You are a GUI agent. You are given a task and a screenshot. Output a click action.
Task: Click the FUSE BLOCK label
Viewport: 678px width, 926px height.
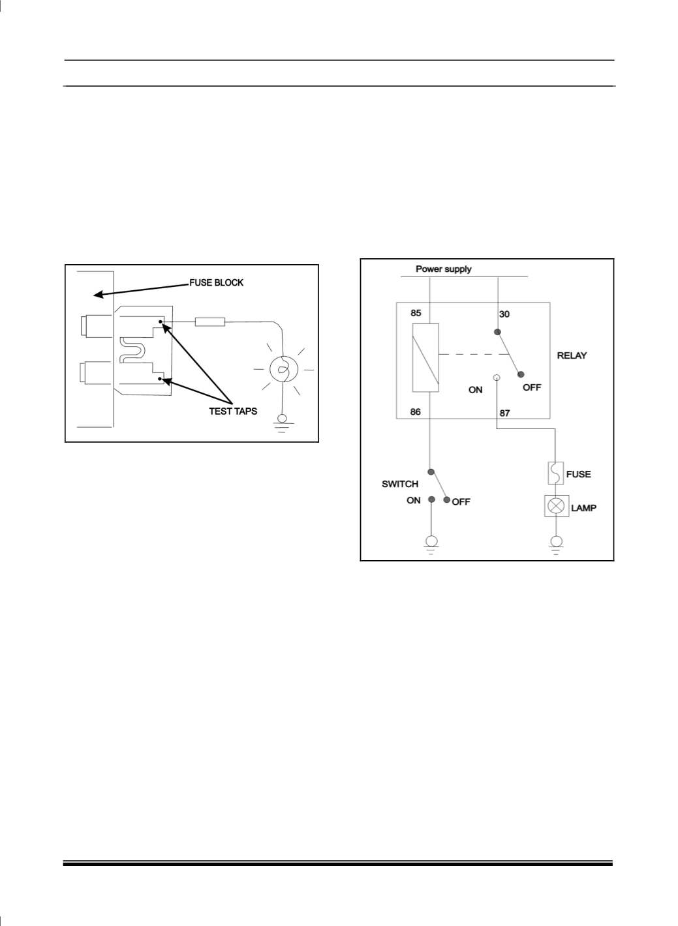coord(217,283)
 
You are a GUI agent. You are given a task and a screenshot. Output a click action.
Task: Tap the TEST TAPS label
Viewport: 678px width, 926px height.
coord(233,411)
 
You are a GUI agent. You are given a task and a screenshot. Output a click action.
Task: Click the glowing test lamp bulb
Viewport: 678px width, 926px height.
coord(283,370)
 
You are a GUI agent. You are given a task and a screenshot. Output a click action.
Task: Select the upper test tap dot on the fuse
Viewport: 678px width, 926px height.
coord(161,321)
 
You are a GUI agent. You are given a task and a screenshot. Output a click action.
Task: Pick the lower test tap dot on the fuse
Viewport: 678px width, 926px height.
coord(160,379)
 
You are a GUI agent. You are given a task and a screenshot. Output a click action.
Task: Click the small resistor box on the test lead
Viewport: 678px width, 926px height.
coord(209,321)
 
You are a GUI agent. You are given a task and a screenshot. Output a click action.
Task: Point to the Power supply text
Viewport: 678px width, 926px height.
coord(444,269)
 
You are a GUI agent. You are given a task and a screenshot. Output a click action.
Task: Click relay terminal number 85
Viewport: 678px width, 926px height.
coord(416,313)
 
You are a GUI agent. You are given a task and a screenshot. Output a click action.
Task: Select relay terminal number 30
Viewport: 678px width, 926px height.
coord(504,314)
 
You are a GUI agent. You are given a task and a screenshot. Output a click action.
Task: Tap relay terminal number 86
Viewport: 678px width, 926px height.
coord(415,411)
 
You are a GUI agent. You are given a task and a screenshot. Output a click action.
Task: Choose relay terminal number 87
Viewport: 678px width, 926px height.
coord(504,413)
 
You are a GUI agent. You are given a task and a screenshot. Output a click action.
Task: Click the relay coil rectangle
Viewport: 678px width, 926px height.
coord(425,357)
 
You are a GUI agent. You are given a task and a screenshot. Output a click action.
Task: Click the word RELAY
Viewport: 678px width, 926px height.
coord(572,355)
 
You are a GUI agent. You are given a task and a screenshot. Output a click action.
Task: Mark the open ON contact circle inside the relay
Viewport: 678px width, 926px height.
coord(497,378)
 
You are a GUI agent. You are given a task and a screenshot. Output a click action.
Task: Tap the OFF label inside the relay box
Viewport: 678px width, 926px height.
coord(532,388)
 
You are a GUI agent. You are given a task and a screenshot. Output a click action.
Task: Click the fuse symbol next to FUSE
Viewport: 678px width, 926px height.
coord(555,473)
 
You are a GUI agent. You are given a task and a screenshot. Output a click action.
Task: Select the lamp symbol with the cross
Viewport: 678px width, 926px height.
coord(557,506)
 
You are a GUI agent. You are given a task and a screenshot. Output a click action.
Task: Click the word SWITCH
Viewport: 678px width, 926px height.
coord(399,484)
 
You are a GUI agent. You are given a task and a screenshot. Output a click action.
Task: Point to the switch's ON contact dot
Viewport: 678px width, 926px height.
coord(431,500)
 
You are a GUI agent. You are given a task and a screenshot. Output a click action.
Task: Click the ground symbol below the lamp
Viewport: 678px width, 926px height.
coord(557,545)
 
